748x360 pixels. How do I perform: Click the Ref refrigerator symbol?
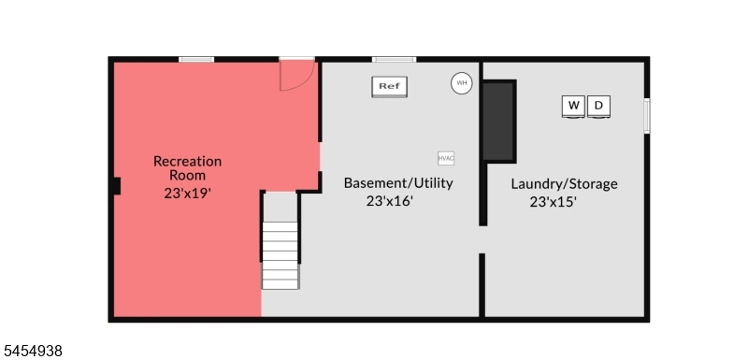389,87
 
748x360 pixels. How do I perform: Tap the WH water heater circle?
461,83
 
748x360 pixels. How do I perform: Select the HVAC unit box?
446,158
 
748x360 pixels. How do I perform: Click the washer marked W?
573,107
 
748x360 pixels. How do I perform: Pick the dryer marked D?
598,107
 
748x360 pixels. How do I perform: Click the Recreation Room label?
188,168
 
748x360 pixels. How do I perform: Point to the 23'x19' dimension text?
188,194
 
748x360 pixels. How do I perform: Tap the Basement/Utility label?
398,183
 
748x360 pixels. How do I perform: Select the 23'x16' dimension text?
389,201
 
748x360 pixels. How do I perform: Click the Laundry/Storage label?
565,184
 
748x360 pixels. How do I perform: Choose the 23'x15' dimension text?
554,202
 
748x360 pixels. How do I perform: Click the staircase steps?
280,255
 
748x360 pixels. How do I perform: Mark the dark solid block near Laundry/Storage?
499,122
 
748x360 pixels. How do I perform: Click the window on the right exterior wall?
647,116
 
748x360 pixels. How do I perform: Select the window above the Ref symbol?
394,60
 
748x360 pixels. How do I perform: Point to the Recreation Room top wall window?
196,60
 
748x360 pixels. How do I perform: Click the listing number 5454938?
32,352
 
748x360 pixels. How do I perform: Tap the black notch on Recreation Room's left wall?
117,185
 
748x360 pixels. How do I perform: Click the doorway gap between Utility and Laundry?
482,239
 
